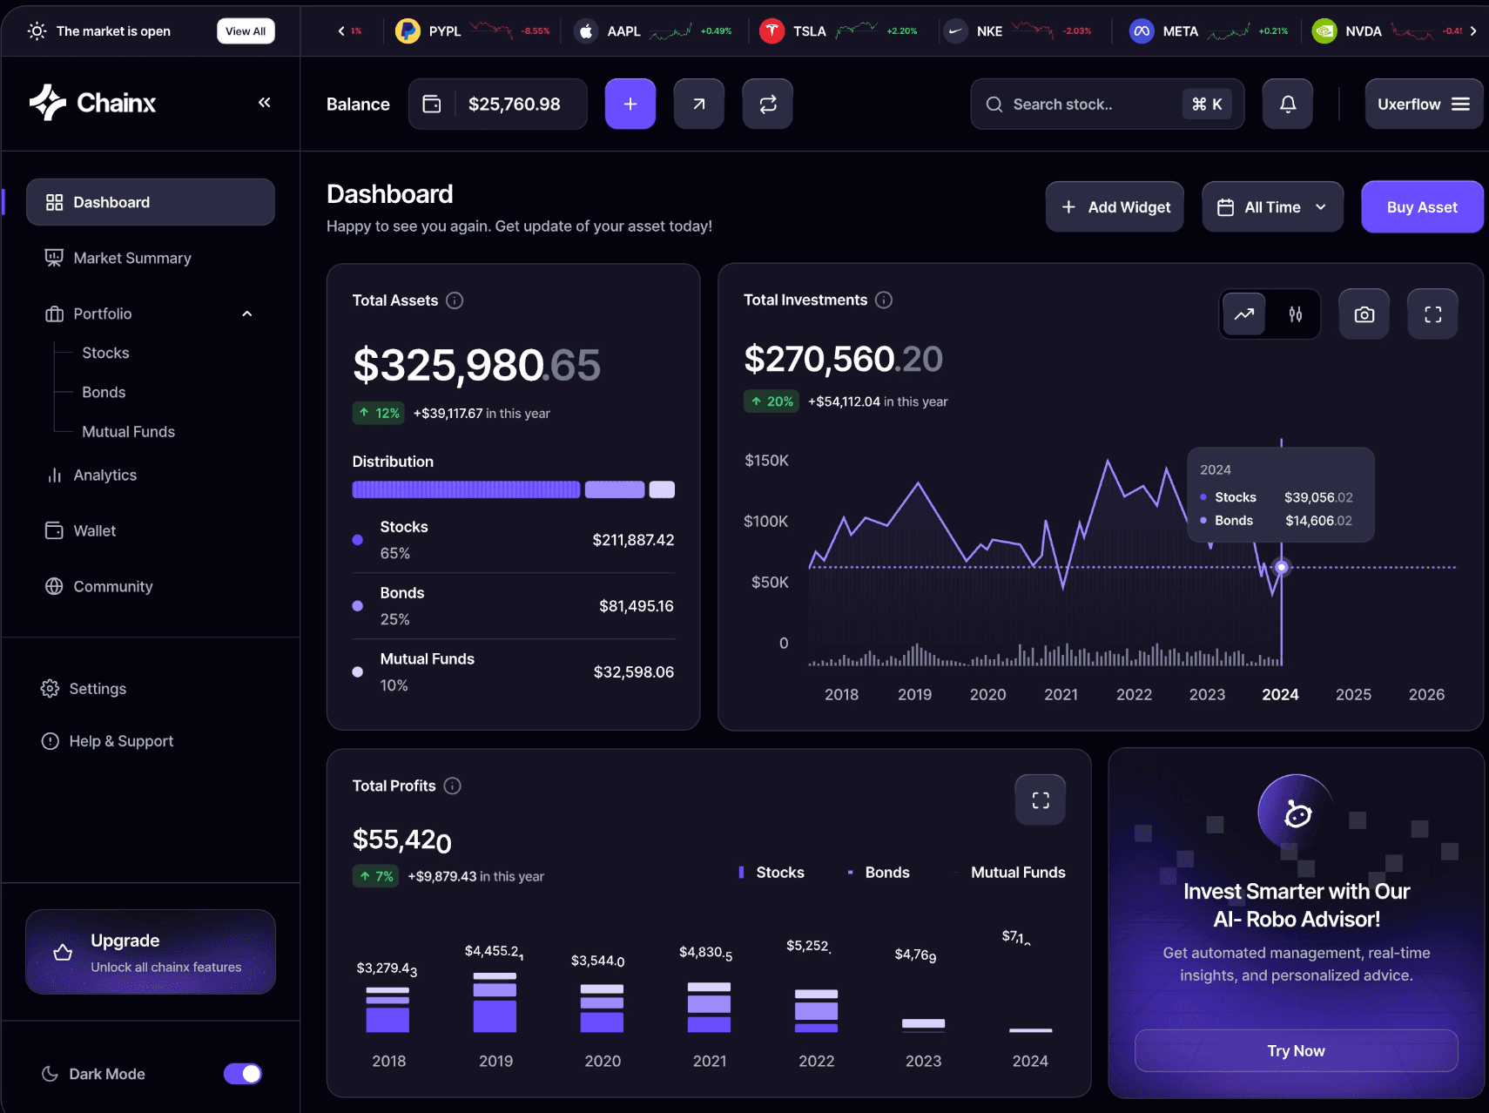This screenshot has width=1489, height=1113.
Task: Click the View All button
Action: pyautogui.click(x=246, y=31)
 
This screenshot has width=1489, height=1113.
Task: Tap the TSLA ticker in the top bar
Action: pyautogui.click(x=809, y=31)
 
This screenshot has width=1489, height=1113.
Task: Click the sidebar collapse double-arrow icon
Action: pyautogui.click(x=265, y=103)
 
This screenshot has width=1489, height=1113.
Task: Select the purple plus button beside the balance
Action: pyautogui.click(x=630, y=105)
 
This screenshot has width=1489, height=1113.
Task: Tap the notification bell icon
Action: pyautogui.click(x=1287, y=105)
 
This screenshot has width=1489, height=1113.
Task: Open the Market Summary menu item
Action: pyautogui.click(x=131, y=258)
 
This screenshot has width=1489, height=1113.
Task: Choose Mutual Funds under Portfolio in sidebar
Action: pyautogui.click(x=128, y=432)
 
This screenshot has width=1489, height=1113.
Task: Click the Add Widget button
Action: pyautogui.click(x=1115, y=207)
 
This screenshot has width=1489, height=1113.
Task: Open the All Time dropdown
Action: pyautogui.click(x=1272, y=207)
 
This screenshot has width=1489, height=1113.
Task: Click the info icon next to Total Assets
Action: pyautogui.click(x=455, y=300)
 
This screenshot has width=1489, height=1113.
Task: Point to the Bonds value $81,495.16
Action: pyautogui.click(x=636, y=606)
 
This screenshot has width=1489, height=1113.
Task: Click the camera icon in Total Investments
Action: pyautogui.click(x=1364, y=314)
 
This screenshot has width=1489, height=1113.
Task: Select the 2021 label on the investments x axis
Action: pyautogui.click(x=1061, y=694)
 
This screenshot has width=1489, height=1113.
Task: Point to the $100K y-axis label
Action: pyautogui.click(x=765, y=521)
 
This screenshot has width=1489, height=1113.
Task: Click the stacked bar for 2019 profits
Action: pyautogui.click(x=495, y=1002)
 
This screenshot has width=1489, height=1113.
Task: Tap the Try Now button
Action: pyautogui.click(x=1296, y=1051)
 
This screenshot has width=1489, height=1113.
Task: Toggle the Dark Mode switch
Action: pyautogui.click(x=243, y=1074)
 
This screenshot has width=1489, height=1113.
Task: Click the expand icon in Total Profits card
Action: pyautogui.click(x=1040, y=800)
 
